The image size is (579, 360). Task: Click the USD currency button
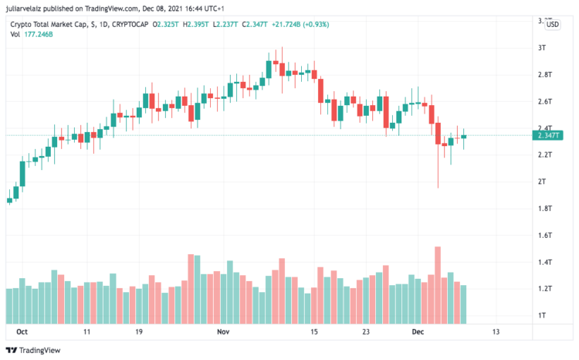[552, 25]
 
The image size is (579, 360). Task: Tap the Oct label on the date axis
[22, 331]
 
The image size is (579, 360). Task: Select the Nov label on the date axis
[223, 331]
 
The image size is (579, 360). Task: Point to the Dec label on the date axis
[417, 331]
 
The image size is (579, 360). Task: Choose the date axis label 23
[367, 331]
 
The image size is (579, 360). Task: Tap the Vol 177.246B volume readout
[32, 36]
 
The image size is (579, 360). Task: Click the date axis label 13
[495, 331]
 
